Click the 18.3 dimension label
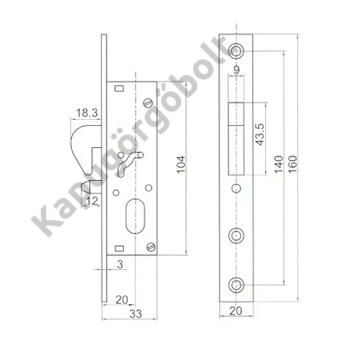(x=87, y=113)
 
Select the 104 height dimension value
(x=181, y=164)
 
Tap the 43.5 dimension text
(x=260, y=135)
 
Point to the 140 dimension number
(x=279, y=164)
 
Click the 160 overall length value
(x=293, y=164)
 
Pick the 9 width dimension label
(x=236, y=70)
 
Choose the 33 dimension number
(x=135, y=314)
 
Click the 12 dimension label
(x=92, y=201)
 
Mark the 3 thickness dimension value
(x=120, y=265)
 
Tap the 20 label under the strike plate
(x=236, y=311)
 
